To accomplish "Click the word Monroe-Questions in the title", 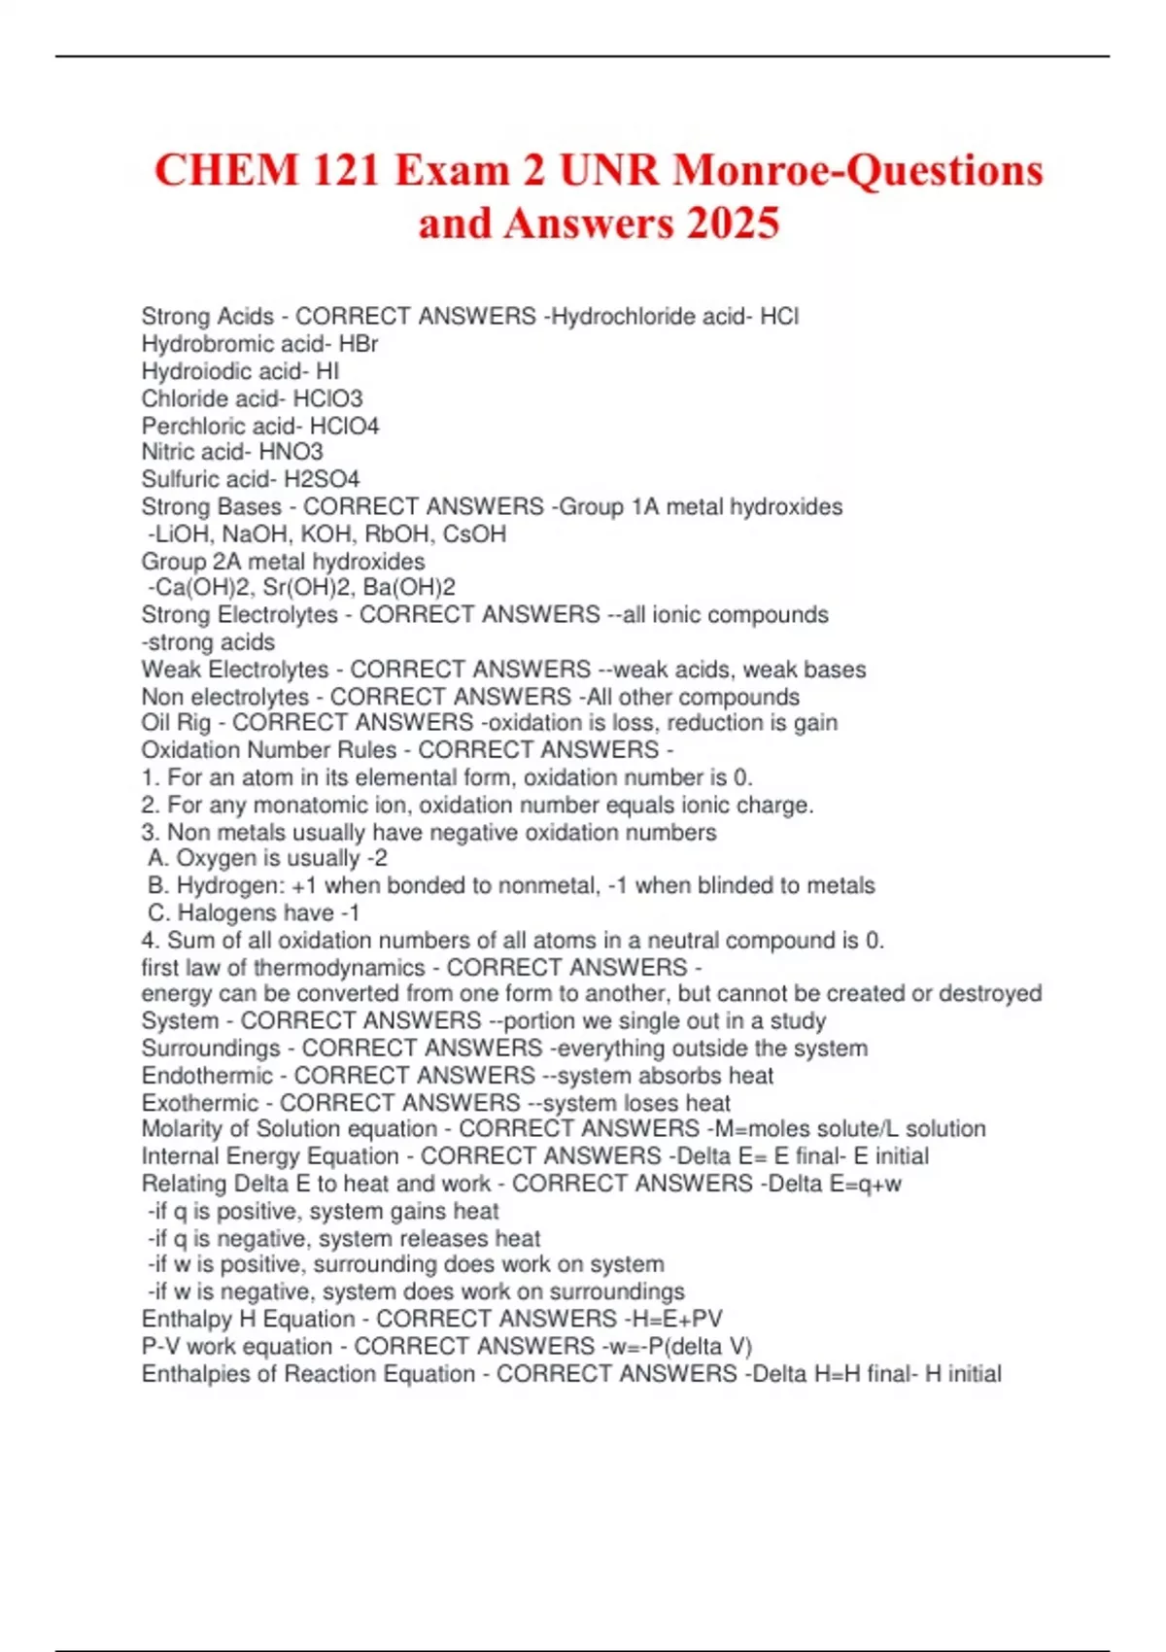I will click(x=858, y=170).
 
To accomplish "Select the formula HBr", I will click(x=359, y=344).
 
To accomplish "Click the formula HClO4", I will click(x=344, y=426).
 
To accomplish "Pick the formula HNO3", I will click(x=291, y=452).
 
